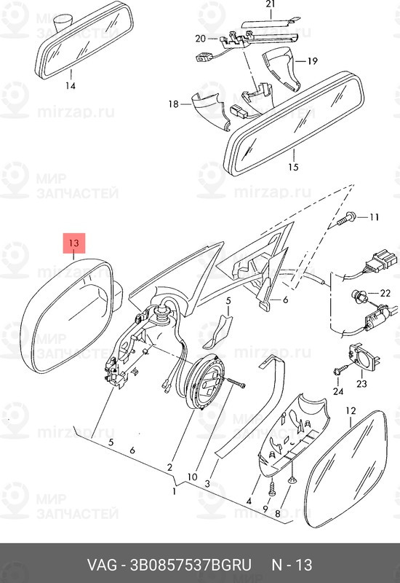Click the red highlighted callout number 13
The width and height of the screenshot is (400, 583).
click(x=74, y=243)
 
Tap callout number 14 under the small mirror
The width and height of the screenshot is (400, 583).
click(x=71, y=86)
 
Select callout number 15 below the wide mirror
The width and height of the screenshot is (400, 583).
click(x=293, y=167)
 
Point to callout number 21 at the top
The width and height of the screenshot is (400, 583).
click(x=271, y=4)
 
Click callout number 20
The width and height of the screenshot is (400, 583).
click(x=201, y=39)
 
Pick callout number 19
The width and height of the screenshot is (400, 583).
click(x=313, y=60)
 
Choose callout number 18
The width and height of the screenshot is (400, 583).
click(x=173, y=103)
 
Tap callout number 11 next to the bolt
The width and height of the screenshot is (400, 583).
click(x=374, y=216)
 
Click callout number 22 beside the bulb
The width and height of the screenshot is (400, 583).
click(x=385, y=294)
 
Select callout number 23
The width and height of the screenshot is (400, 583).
click(x=361, y=383)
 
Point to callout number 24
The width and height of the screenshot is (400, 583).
click(x=338, y=391)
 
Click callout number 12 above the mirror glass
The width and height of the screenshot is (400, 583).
click(x=351, y=411)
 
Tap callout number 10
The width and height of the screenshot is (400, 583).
click(x=192, y=477)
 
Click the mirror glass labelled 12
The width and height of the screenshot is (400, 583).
click(x=347, y=469)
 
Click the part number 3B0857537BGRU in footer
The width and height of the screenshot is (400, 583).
click(x=191, y=565)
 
